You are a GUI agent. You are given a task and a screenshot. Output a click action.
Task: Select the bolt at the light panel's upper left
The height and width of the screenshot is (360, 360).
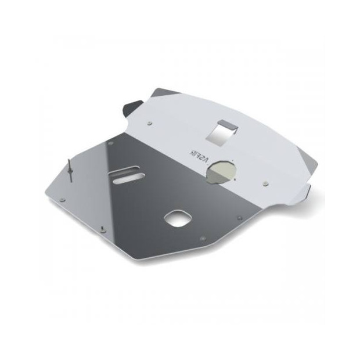151,123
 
